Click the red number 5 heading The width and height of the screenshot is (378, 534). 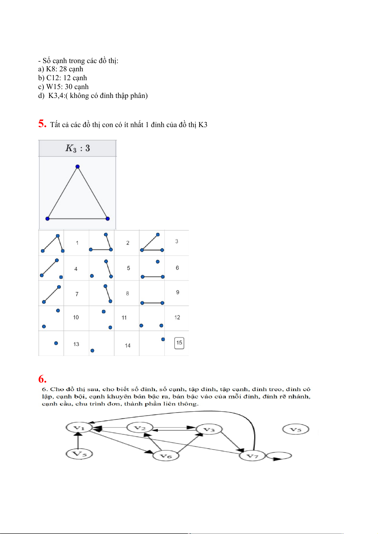[x=42, y=124]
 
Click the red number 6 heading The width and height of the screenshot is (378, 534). [x=42, y=379]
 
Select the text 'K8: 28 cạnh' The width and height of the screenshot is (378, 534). [x=64, y=69]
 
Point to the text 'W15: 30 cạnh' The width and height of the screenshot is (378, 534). [x=67, y=87]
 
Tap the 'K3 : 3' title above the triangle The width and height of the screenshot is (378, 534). [x=77, y=148]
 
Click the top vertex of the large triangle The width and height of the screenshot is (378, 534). [x=77, y=167]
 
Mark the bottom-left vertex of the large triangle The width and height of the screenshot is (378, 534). [x=48, y=219]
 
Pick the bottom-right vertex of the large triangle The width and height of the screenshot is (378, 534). [x=108, y=219]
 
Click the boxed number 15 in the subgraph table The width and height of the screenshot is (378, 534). [x=179, y=343]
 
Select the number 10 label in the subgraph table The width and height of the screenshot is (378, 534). [x=76, y=317]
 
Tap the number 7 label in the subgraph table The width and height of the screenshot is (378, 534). [x=77, y=294]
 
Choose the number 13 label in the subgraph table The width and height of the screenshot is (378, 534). [x=76, y=344]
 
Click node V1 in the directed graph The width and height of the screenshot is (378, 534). [x=79, y=428]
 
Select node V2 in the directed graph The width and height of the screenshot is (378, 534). [x=140, y=428]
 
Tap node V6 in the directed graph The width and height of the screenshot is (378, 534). [x=166, y=456]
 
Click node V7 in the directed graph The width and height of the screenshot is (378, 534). [x=252, y=456]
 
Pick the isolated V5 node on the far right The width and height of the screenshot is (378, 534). [x=295, y=430]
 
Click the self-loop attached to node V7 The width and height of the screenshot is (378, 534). [x=279, y=456]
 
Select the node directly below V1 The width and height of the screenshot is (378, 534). [x=79, y=454]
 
